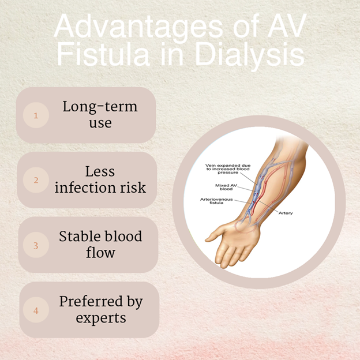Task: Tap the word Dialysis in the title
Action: coord(250,55)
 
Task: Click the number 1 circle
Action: coord(36,115)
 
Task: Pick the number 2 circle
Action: coord(36,180)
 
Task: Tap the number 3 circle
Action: coord(36,245)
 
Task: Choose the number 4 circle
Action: coord(36,310)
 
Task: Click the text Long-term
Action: coord(100,107)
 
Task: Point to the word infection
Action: coord(85,187)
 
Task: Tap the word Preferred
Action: coord(91,301)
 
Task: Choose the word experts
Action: coord(101,318)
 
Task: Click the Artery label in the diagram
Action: coord(286,213)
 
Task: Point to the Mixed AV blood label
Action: coord(226,187)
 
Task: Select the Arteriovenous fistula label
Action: coord(216,201)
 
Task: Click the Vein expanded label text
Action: coord(228,169)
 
